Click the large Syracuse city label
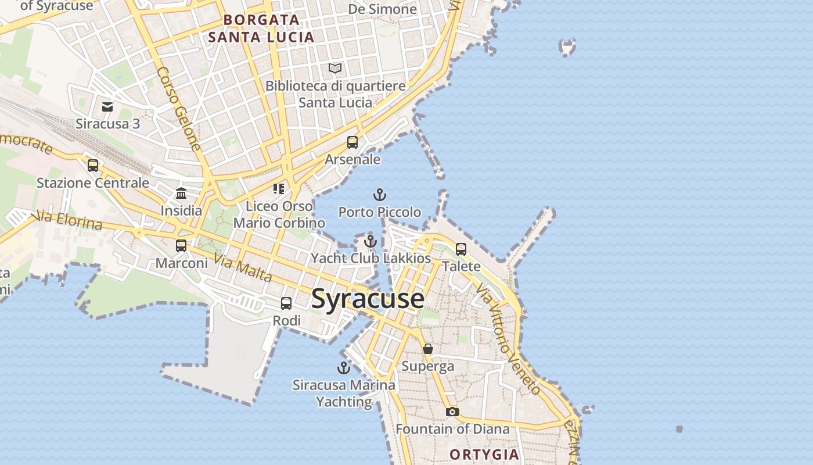(368, 299)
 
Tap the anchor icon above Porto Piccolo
(379, 195)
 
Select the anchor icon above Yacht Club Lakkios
(370, 241)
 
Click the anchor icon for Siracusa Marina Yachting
(344, 368)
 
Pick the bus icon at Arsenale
(352, 142)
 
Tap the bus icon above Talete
(461, 249)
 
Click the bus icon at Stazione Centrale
(93, 166)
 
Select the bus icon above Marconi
(181, 246)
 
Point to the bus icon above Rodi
(286, 303)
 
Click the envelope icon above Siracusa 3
(107, 107)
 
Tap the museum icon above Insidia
(181, 194)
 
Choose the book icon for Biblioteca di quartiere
(335, 69)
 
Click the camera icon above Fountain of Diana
(452, 412)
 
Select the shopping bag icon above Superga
(428, 349)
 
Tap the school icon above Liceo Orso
(279, 189)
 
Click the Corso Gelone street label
(179, 109)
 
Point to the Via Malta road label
(243, 268)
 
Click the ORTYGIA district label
(484, 455)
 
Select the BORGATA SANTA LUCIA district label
(261, 28)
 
